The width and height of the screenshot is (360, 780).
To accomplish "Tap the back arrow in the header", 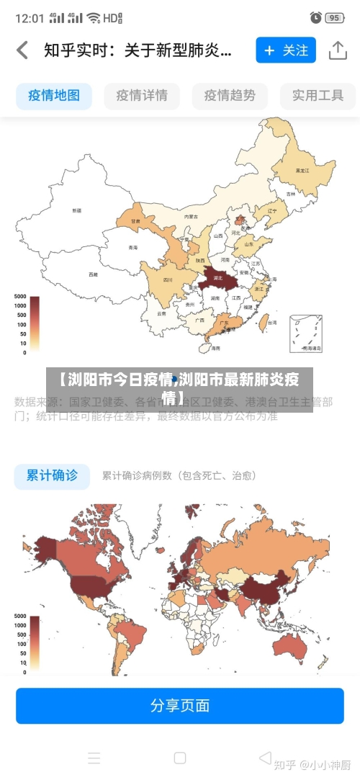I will click(x=22, y=50).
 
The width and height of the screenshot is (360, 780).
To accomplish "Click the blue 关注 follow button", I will click(x=286, y=50).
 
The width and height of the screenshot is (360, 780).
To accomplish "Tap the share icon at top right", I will click(x=338, y=50).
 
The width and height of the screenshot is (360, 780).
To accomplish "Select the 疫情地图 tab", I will click(x=54, y=95).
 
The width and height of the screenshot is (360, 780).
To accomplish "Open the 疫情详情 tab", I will click(x=142, y=95).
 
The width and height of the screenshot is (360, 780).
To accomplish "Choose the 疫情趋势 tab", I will click(x=230, y=95).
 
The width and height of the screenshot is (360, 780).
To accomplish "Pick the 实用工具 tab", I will click(x=318, y=95).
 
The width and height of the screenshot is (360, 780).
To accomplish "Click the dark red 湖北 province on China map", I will click(x=217, y=277).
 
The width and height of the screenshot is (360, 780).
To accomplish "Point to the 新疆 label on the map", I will click(x=76, y=210).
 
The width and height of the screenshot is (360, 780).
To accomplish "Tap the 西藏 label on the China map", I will click(x=93, y=274).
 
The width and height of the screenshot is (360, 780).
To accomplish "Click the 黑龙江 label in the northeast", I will click(x=302, y=171).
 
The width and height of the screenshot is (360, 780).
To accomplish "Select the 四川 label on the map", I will click(x=168, y=279).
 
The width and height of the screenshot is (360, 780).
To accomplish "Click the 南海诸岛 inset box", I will click(x=306, y=333).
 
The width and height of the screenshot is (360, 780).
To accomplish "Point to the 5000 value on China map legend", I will click(x=19, y=297).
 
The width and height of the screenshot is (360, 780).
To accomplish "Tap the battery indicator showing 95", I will click(x=333, y=17).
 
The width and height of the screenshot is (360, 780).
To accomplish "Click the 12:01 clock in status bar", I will click(x=30, y=17).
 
